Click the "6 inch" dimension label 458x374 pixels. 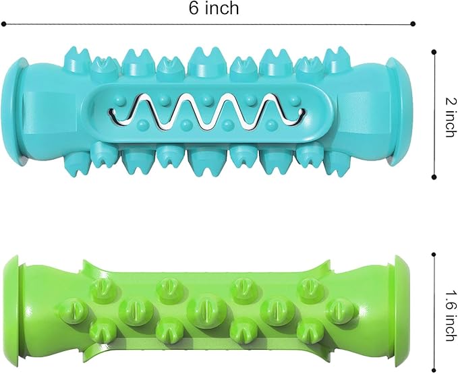(214, 8)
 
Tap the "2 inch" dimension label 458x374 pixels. (451, 117)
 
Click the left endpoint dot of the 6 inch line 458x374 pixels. (3, 24)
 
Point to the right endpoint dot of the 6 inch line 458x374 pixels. (413, 24)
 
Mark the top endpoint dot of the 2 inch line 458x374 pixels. (434, 52)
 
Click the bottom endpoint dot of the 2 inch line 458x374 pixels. (434, 177)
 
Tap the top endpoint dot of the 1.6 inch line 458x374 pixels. (434, 255)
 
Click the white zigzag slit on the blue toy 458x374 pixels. (207, 113)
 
